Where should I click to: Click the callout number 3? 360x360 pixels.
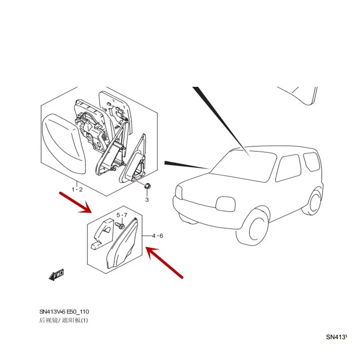pos(147,199)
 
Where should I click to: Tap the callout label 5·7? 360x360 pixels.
pos(122,215)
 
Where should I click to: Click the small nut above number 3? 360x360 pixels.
pos(147,186)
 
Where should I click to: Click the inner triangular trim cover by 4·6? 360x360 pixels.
pos(126,245)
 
